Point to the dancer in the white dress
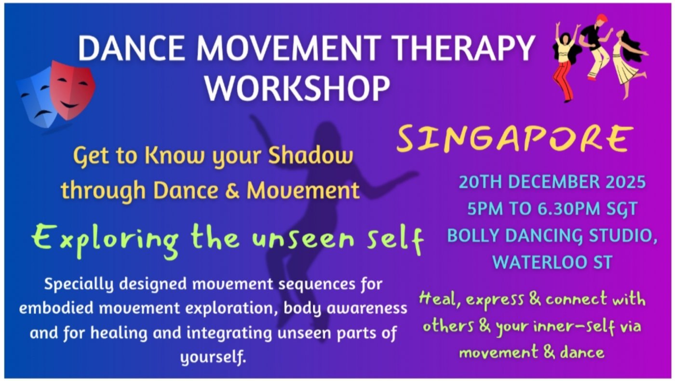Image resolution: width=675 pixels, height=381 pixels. coord(627,58)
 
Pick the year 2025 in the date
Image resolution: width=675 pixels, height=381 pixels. coord(622,182)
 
